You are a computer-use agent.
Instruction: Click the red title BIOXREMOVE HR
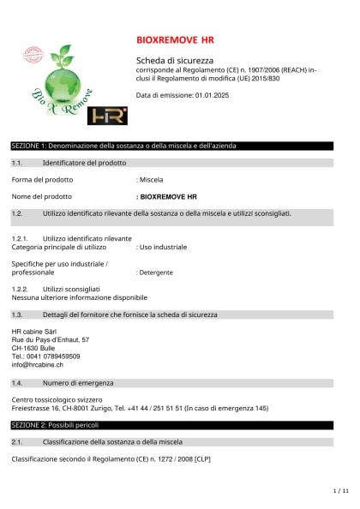click(x=175, y=40)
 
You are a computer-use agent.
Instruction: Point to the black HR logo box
click(x=108, y=116)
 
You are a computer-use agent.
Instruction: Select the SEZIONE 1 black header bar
click(x=171, y=147)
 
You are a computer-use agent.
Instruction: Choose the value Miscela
click(x=152, y=180)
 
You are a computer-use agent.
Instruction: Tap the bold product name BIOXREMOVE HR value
click(x=168, y=197)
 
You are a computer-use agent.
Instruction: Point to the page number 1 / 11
click(x=340, y=491)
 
